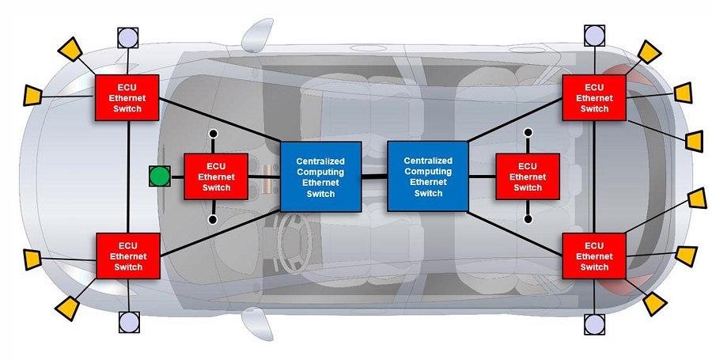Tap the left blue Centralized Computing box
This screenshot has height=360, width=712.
click(321, 176)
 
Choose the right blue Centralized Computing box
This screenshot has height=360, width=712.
click(427, 176)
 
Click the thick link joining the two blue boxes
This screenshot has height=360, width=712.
click(374, 176)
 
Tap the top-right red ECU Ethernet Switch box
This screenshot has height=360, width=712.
click(593, 97)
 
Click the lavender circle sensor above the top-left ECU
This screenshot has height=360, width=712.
click(127, 36)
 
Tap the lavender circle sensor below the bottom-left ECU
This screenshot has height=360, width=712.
click(128, 321)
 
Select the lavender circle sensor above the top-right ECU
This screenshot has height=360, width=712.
click(595, 35)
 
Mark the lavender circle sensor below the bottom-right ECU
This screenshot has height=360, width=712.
click(595, 323)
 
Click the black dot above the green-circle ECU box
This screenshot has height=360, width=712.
click(212, 135)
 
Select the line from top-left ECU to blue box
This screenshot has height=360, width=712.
click(222, 120)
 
